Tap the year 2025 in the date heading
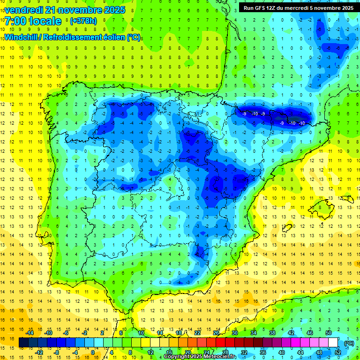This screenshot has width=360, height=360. point(112,9)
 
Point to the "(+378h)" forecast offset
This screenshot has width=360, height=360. point(84,21)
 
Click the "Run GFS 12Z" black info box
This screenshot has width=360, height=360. point(296,8)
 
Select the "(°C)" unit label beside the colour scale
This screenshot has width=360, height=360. point(349,343)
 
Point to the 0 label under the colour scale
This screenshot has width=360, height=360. point(92,352)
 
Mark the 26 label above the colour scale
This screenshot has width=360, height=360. point(217,333)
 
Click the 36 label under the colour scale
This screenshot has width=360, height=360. point(263,352)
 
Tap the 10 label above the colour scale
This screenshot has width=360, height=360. point(141,333)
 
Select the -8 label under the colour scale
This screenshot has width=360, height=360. point(56,352)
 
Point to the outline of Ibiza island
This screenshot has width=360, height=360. point(287,228)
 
